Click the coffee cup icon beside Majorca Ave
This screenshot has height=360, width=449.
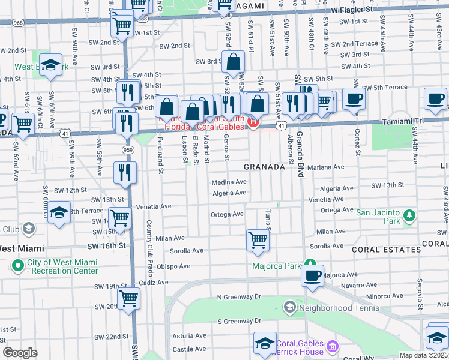[x=312, y=275]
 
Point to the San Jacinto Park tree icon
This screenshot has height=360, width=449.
[x=409, y=215]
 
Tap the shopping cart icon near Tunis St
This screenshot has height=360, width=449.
[x=258, y=240]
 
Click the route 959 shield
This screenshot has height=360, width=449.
[x=126, y=149]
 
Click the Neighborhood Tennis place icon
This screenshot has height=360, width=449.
[x=289, y=308]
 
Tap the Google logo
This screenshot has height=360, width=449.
[x=20, y=353]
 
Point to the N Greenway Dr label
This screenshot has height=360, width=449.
[x=240, y=297]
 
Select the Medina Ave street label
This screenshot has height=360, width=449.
[x=229, y=182]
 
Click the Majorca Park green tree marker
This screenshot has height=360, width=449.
[x=310, y=264]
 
